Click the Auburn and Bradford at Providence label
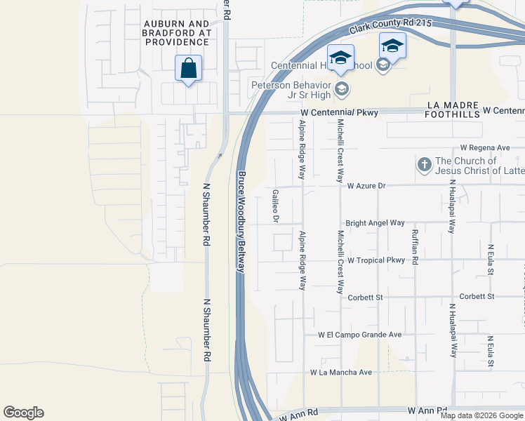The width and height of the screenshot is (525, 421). (x=177, y=33)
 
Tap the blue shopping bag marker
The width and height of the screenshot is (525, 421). (x=188, y=69)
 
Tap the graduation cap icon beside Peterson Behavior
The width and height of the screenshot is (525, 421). (x=342, y=88)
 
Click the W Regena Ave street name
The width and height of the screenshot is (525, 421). (x=485, y=148)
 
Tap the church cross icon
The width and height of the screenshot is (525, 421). (x=424, y=165)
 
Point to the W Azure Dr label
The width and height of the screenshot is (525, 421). (x=367, y=186)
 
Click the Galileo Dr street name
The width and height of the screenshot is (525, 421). (x=276, y=205)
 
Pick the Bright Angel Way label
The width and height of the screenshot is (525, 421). (x=375, y=222)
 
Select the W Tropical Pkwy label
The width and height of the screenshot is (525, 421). (x=376, y=260)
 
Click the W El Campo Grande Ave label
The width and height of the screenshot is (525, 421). (x=359, y=335)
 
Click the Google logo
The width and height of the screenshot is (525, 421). (x=23, y=413)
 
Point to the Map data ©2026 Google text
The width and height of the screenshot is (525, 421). (x=482, y=415)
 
